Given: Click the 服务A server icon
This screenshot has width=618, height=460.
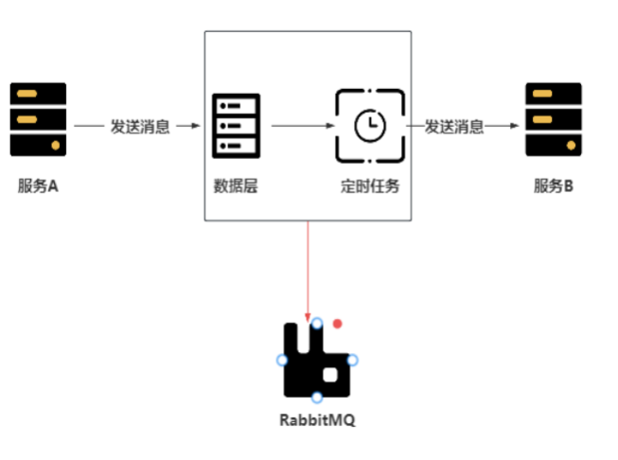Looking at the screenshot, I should pos(39,119).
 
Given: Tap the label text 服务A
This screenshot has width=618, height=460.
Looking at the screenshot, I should pos(38,186).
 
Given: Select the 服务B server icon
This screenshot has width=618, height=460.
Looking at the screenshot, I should pos(554,119).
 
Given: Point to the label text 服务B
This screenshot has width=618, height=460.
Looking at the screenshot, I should pos(554,186).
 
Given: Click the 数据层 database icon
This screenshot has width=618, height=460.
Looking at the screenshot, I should pos(237,125).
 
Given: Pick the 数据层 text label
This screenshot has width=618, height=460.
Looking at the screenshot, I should pos(237,186).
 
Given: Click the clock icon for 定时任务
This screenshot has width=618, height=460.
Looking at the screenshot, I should pos(370,125).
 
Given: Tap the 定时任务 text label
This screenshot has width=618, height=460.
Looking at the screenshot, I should pos(371,186).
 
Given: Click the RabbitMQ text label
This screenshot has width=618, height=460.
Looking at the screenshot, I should pos(317,420).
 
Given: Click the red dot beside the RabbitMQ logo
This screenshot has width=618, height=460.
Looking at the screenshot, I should pos(337,324).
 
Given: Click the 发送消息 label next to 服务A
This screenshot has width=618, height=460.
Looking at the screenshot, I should pos(140,126).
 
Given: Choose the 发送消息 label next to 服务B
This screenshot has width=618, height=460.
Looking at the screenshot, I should pos(454,126).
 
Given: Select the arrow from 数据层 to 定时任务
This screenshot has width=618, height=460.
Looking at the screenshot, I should pos(301,126).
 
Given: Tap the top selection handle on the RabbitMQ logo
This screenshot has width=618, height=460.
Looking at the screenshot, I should pos(317,324).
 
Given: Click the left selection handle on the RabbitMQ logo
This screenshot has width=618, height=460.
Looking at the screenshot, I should pos(282,360).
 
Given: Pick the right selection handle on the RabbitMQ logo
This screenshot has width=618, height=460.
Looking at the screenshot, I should pos(352,360).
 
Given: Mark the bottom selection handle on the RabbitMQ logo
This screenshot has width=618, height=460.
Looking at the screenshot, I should pos(317,398).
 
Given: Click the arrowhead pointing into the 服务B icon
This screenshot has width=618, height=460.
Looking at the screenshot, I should pos(518,126).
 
